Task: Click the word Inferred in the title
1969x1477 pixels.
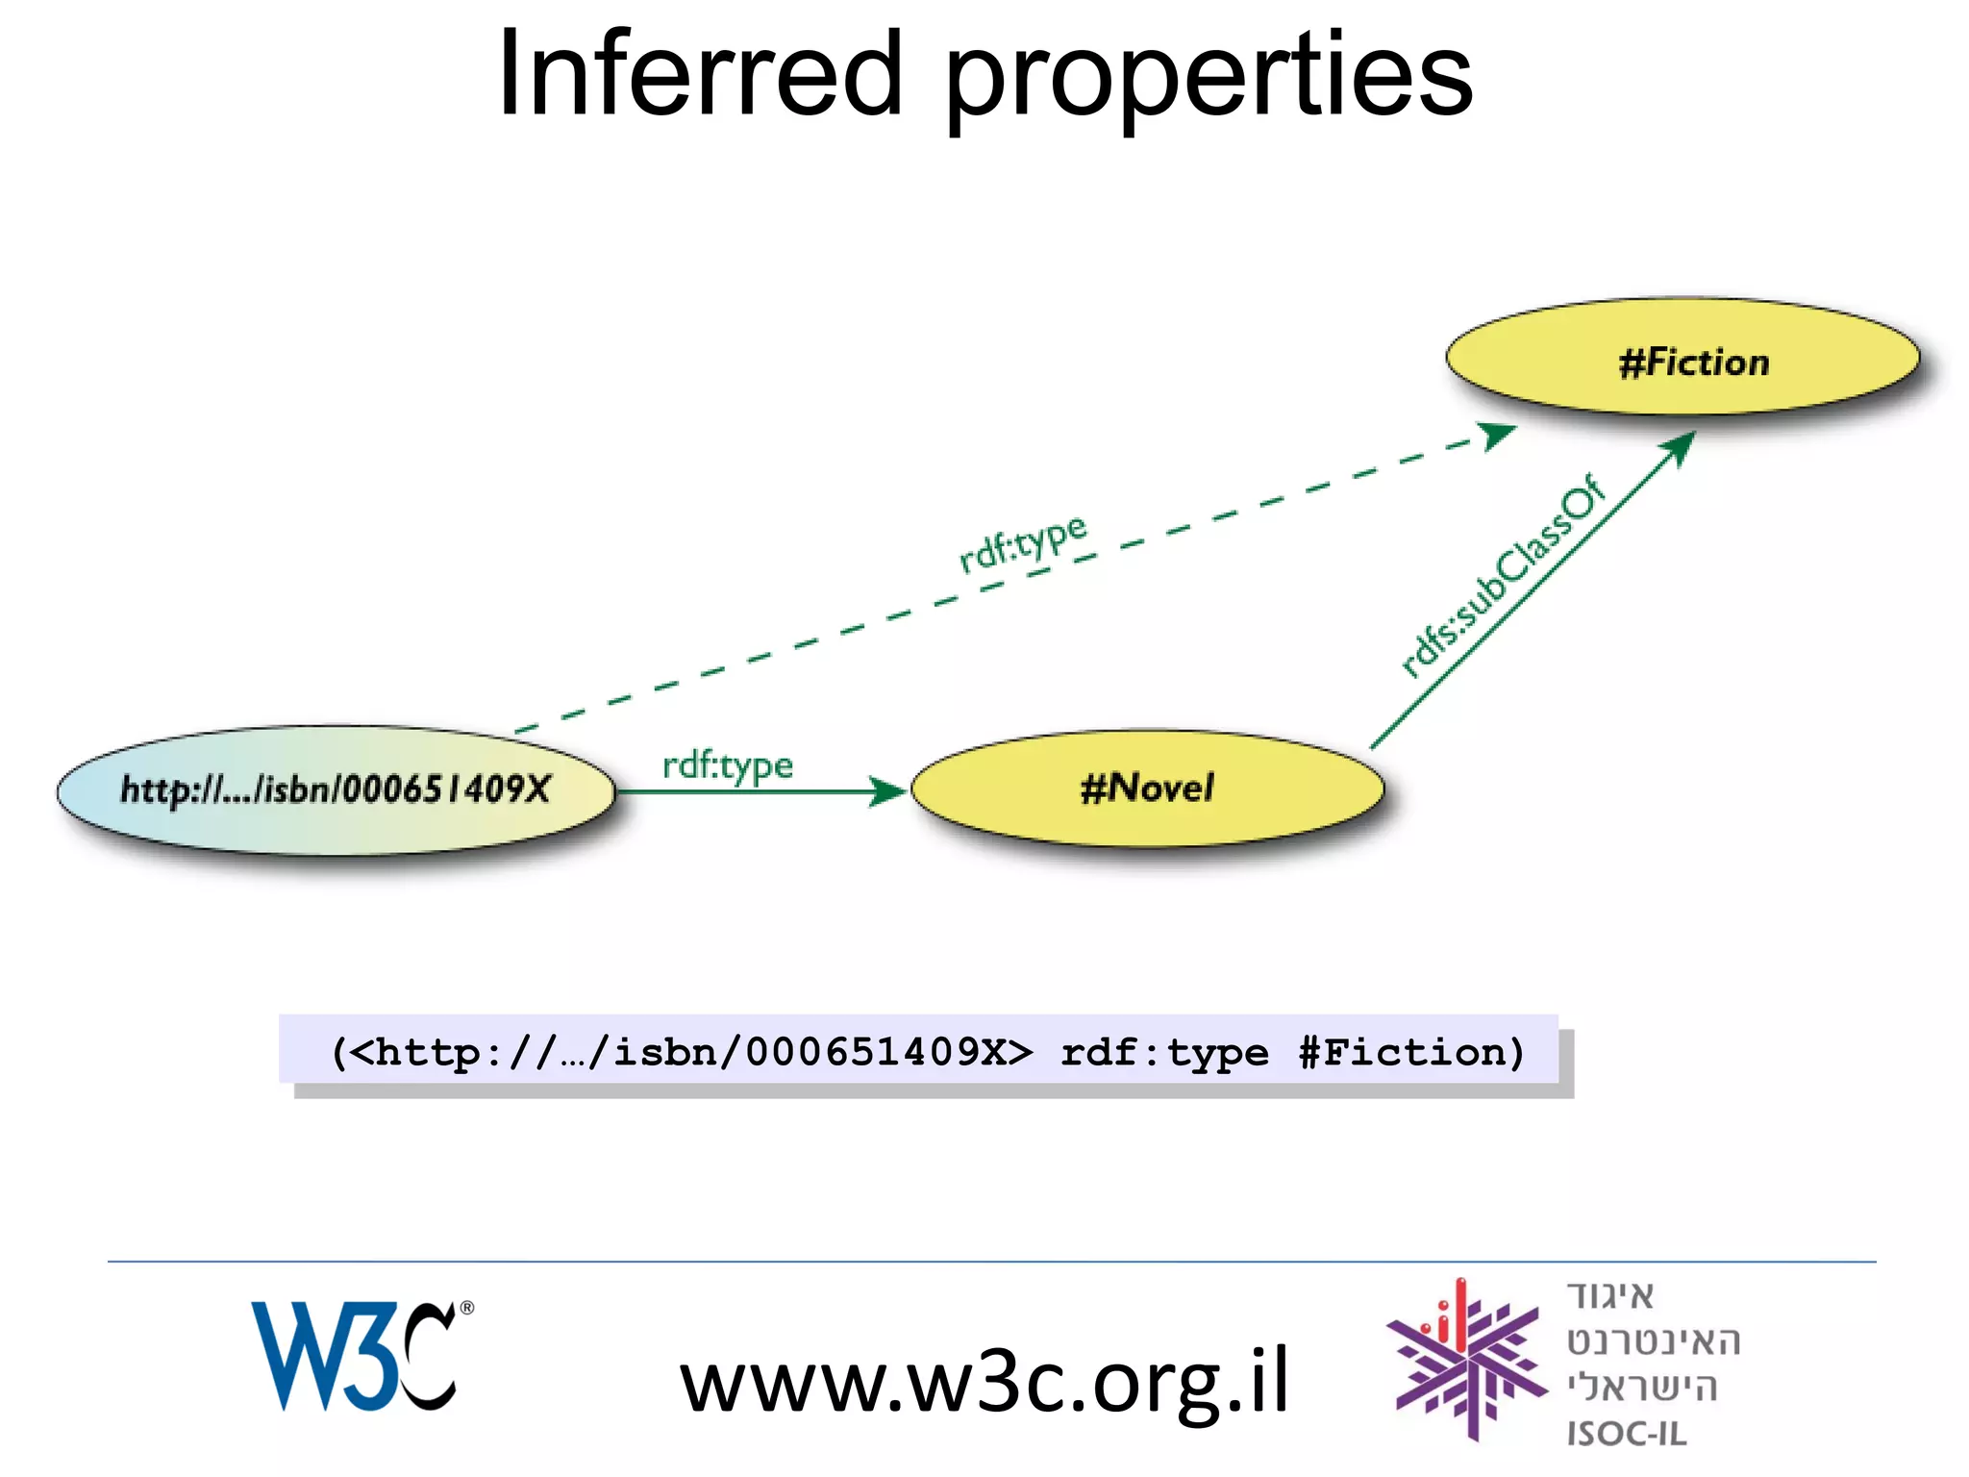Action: pos(699,75)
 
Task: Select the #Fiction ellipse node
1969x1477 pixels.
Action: pos(1682,358)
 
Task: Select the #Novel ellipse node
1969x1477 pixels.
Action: pos(1147,789)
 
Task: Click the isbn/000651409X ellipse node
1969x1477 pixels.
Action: pos(336,790)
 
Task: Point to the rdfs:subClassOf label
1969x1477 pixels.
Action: pos(1502,577)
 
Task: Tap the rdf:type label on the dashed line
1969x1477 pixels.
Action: pos(1023,543)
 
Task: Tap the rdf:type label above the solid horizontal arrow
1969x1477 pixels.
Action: pos(728,765)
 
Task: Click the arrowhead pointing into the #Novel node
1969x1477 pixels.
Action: pos(886,791)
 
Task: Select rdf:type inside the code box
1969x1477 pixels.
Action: pos(1163,1053)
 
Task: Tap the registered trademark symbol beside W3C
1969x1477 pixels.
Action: pos(467,1308)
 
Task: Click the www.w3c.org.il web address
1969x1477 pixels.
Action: pos(983,1382)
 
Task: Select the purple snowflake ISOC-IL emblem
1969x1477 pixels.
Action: pos(1464,1361)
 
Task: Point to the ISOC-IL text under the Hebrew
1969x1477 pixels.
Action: pos(1626,1434)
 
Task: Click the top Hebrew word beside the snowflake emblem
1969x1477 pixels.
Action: pos(1610,1296)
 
